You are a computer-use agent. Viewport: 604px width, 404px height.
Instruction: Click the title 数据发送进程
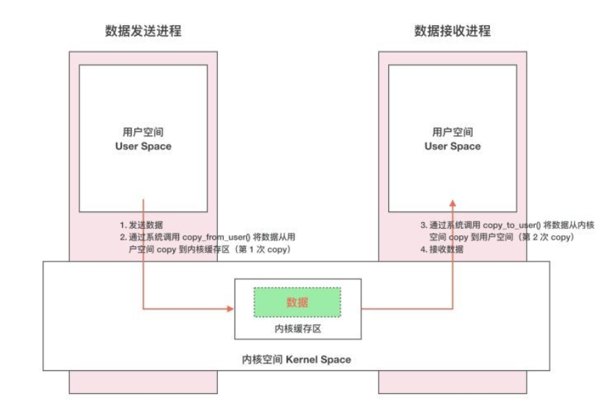point(142,31)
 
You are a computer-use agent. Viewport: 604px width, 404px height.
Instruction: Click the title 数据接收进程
point(452,31)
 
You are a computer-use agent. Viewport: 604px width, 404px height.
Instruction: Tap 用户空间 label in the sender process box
point(142,132)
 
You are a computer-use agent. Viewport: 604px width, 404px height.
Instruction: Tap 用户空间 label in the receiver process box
point(452,132)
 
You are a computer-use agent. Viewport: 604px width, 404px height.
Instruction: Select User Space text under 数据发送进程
point(142,146)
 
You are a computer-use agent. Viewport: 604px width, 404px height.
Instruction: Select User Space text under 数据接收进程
point(452,146)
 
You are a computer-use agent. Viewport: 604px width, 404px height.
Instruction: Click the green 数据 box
point(297,302)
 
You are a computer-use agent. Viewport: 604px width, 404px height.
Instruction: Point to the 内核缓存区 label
point(297,328)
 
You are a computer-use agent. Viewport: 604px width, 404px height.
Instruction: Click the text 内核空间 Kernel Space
point(297,359)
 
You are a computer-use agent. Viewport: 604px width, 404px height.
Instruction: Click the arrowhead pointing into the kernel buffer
point(230,309)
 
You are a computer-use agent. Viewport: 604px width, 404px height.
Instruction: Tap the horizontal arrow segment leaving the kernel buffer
point(404,309)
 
